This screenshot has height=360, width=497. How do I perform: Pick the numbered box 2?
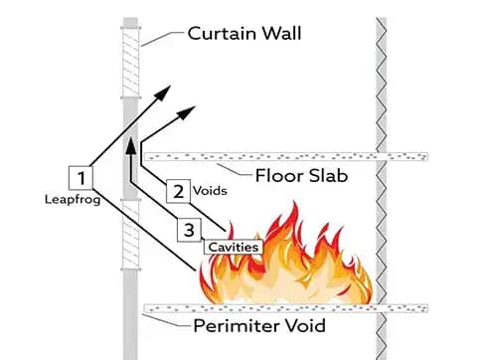pyautogui.click(x=176, y=189)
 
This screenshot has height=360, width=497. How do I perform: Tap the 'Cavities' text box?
pyautogui.click(x=233, y=246)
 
